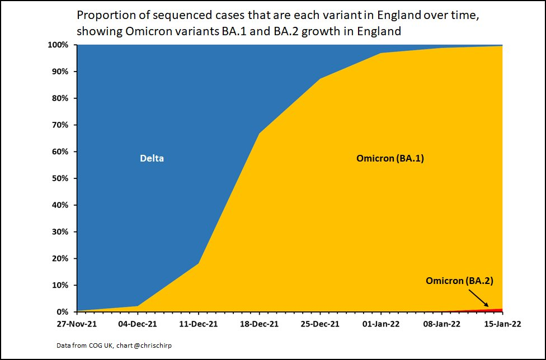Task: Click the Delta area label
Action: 152,159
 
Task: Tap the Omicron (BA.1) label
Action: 390,159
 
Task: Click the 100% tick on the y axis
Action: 58,45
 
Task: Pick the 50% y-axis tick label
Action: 60,178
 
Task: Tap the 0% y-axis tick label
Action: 62,312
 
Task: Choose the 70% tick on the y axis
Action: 60,125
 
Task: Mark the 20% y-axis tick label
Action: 60,259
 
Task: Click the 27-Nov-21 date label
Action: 77,323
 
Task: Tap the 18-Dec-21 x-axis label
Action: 259,323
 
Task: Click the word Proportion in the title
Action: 105,15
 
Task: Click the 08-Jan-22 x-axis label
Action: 441,323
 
